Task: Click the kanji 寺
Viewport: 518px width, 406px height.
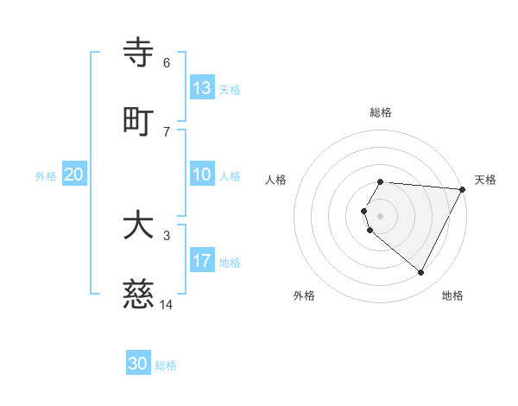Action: point(138,54)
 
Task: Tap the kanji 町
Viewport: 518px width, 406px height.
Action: point(138,122)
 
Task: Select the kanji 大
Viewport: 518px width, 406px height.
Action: point(138,226)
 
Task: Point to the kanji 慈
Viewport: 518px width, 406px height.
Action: point(138,295)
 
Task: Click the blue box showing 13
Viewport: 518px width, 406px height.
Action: point(202,88)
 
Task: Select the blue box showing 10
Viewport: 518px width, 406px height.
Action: point(202,174)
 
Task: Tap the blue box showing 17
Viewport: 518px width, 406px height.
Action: point(202,261)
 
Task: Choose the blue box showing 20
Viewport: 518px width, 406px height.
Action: point(74,174)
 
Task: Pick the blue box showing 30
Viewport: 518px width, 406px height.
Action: point(138,364)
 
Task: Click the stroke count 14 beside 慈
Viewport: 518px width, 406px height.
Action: point(167,304)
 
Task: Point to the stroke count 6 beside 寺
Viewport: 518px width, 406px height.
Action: point(167,62)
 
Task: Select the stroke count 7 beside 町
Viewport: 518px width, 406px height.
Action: point(167,131)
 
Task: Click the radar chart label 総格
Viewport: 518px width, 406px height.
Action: point(381,112)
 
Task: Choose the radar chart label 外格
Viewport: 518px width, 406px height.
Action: point(304,295)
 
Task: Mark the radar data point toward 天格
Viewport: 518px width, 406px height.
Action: point(463,189)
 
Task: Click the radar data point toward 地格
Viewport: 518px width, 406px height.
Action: point(421,273)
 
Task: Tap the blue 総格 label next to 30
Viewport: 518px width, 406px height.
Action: point(167,365)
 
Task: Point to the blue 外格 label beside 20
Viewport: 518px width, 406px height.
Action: point(46,176)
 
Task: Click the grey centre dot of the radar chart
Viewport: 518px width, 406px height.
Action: point(381,216)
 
